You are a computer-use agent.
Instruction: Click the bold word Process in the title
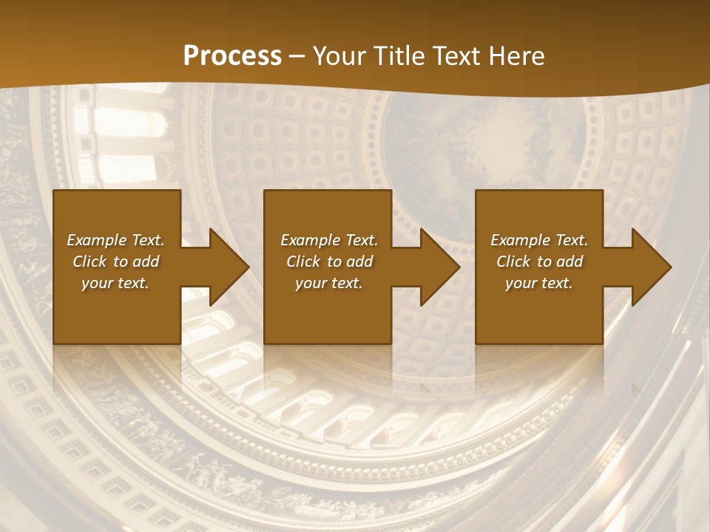[232, 56]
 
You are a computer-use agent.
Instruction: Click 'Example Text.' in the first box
[115, 240]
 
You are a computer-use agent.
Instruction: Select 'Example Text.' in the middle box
[329, 240]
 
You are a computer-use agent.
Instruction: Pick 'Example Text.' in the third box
[539, 240]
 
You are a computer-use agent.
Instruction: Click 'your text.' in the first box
[115, 283]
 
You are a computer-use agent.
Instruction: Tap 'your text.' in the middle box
[329, 283]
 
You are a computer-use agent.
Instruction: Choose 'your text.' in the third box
[539, 283]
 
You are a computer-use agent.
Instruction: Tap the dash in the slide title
[297, 57]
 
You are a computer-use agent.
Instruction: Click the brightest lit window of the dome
[122, 122]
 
